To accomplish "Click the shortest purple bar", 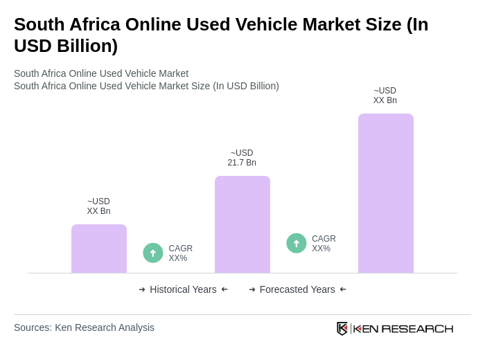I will [99, 249].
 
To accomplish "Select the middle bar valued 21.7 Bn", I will [242, 224].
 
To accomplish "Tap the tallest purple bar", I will [386, 193].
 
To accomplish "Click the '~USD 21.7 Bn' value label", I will [242, 158].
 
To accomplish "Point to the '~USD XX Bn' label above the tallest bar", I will [385, 96].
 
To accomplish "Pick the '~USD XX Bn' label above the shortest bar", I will [98, 206].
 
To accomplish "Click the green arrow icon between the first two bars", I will [153, 253].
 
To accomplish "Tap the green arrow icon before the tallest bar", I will [297, 243].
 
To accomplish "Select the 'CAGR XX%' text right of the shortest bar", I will [180, 253].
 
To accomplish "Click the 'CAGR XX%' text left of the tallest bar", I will [324, 244].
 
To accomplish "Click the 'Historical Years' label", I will [183, 289].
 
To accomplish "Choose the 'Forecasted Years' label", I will [297, 289].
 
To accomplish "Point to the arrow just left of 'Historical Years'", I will [142, 289].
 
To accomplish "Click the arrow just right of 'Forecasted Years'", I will [343, 289].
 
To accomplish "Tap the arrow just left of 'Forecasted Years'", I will [252, 289].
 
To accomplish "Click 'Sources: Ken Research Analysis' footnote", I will [84, 327].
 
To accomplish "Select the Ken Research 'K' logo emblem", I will [342, 328].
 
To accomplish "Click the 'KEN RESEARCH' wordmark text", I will [403, 328].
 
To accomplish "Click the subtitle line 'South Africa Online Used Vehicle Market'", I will [101, 73].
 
